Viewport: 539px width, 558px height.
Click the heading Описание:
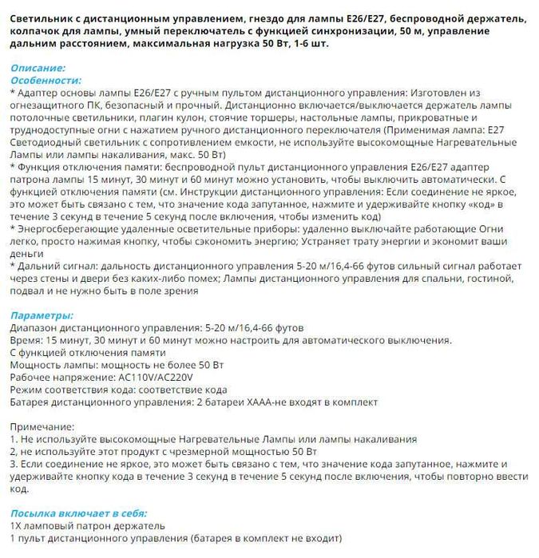click(38, 69)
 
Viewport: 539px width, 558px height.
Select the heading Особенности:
click(46, 81)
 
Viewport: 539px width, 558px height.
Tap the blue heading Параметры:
click(42, 315)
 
